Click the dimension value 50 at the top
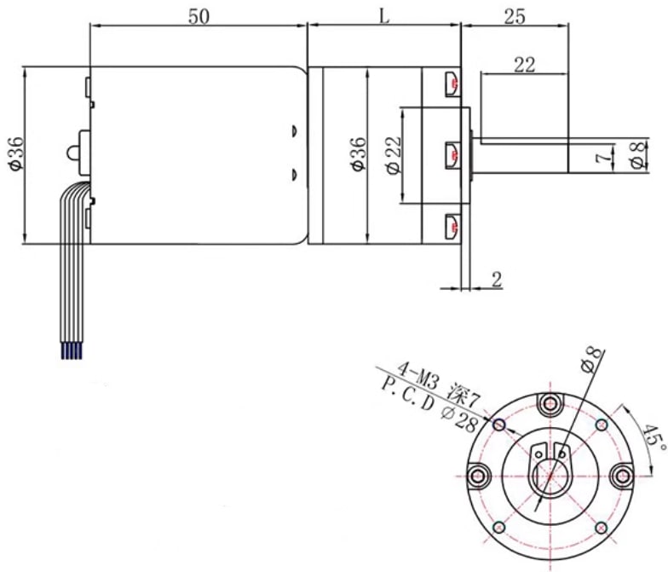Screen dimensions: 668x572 pyautogui.click(x=199, y=17)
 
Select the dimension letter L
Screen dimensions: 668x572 pyautogui.click(x=384, y=17)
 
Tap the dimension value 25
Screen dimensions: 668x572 pyautogui.click(x=515, y=17)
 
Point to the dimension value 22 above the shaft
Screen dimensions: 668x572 pyautogui.click(x=524, y=65)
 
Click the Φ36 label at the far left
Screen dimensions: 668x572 pyautogui.click(x=16, y=153)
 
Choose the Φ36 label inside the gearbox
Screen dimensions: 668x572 pyautogui.click(x=359, y=153)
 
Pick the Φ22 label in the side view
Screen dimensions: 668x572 pyautogui.click(x=394, y=155)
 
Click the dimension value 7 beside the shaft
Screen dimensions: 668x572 pyautogui.click(x=602, y=158)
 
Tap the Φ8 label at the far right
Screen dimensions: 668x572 pyautogui.click(x=637, y=155)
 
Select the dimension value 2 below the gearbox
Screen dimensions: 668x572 pyautogui.click(x=497, y=280)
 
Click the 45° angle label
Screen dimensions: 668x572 pyautogui.click(x=653, y=436)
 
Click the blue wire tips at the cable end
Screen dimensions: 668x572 pyautogui.click(x=72, y=351)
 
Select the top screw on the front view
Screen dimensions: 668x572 pyautogui.click(x=550, y=404)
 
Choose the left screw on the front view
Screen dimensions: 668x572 pyautogui.click(x=478, y=476)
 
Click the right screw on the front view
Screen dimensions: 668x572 pyautogui.click(x=622, y=476)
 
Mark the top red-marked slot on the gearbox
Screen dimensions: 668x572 pyautogui.click(x=452, y=84)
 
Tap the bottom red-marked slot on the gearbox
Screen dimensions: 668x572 pyautogui.click(x=452, y=226)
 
